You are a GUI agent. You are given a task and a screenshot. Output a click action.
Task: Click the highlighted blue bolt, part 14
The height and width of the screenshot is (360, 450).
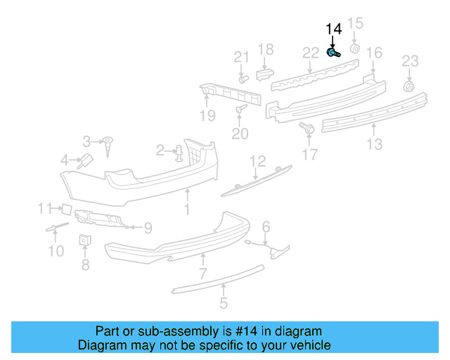coord(334,53)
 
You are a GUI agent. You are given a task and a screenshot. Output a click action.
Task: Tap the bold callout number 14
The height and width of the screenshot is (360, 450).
coord(333,29)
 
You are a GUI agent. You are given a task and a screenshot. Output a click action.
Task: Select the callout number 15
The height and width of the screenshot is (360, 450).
coord(356,24)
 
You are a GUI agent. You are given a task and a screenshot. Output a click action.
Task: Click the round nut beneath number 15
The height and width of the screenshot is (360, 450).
coord(355,49)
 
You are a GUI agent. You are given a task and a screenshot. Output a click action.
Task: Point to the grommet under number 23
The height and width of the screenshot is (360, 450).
coord(408,86)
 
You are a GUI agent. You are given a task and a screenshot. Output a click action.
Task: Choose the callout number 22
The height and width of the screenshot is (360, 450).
coord(311,53)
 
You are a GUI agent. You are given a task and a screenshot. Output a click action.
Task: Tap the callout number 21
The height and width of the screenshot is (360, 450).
coord(241,57)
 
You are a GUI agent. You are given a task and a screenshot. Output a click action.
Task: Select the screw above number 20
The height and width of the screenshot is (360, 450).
coord(241,109)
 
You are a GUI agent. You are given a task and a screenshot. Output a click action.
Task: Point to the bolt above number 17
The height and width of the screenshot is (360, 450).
coord(307,127)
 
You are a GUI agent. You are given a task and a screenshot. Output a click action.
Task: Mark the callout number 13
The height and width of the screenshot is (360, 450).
coord(374,144)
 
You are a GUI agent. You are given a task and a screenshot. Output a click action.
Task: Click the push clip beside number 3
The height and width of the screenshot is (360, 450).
coord(109,144)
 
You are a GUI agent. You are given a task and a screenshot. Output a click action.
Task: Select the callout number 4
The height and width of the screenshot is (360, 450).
coord(64,160)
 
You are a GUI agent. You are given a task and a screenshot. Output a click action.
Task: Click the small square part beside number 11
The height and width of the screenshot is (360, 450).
coord(63,208)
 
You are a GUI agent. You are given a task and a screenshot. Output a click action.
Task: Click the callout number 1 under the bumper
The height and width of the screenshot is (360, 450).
coord(187,210)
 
